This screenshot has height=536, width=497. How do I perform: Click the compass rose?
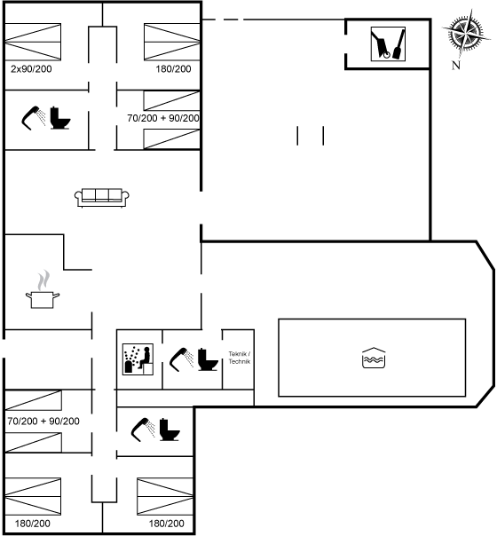pos(466,34)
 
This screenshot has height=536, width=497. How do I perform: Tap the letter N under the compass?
pos(456,65)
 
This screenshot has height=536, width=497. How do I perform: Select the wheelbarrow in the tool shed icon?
pos(382,44)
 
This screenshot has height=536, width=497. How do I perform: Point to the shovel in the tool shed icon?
pos(398,43)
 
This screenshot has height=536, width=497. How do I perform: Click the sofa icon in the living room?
pos(102,198)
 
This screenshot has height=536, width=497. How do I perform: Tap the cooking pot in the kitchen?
pos(43,300)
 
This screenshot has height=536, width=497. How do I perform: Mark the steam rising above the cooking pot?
pos(43,280)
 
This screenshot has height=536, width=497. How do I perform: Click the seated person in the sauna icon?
pos(146,358)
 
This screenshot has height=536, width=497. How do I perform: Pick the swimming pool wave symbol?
pos(374,358)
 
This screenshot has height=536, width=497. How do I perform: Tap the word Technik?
pos(240,361)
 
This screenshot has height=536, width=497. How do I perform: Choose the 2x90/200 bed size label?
pos(31,69)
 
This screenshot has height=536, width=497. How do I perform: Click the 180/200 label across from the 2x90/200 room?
pos(173,69)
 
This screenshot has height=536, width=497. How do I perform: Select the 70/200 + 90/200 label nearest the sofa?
pos(163,118)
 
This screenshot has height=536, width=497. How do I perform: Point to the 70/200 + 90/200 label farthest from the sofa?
pos(43,422)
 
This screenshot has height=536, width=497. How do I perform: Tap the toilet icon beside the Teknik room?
pos(208,359)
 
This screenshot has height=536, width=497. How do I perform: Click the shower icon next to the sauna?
pos(181,359)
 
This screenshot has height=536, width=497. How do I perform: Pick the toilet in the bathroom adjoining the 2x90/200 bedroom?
pos(60,118)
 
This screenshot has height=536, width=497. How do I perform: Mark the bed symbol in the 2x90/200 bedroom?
pos(33,42)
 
